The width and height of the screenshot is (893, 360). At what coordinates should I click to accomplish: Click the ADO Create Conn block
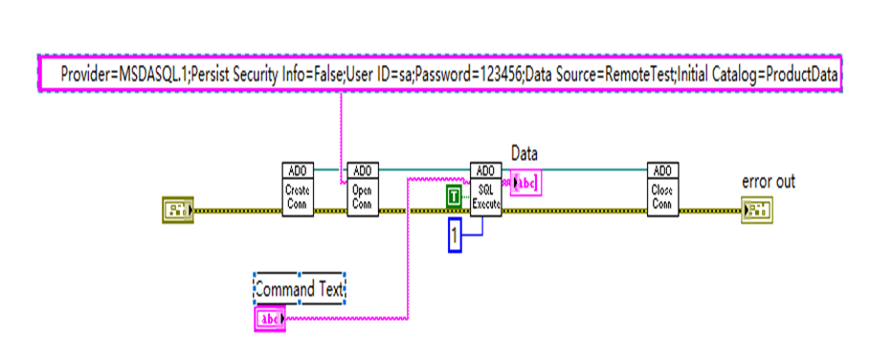[x=298, y=190]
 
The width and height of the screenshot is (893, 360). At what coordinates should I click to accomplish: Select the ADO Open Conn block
[x=361, y=190]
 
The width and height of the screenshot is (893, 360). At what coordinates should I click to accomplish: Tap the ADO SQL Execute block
[x=485, y=190]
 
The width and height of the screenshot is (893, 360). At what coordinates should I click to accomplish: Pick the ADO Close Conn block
[x=662, y=190]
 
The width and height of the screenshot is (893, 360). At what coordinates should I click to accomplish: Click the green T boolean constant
[x=455, y=198]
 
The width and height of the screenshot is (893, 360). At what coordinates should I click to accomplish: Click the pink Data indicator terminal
[x=526, y=183]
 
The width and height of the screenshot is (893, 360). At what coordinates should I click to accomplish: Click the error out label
[x=768, y=181]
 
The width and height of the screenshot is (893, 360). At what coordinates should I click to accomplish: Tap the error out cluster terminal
[x=755, y=209]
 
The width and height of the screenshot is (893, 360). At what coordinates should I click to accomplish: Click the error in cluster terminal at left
[x=177, y=209]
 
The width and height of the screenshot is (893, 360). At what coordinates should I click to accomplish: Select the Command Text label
[x=300, y=287]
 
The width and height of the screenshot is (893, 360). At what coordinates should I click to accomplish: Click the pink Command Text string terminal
[x=270, y=319]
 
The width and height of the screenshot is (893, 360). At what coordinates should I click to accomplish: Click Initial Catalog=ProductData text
[x=761, y=74]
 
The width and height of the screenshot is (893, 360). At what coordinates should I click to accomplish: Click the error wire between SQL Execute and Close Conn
[x=574, y=209]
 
